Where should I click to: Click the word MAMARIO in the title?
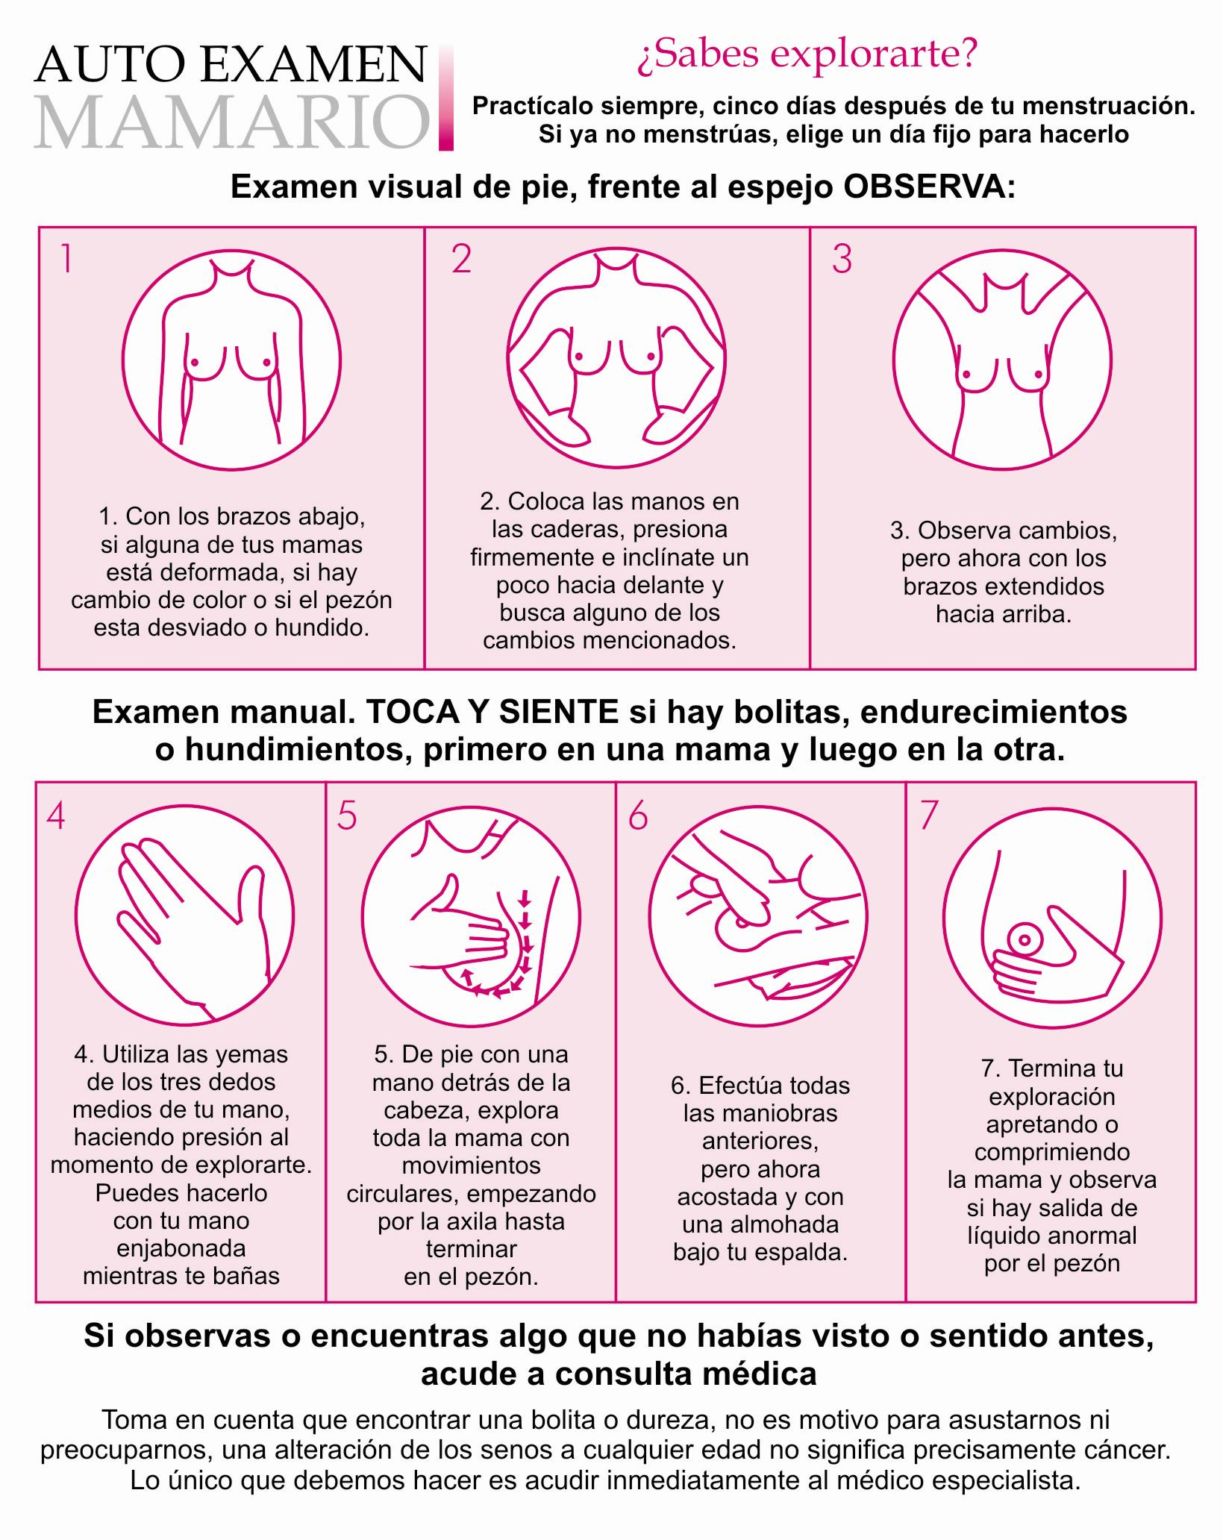coord(231,120)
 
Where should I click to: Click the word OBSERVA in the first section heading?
coord(929,187)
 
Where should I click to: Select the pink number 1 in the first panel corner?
coord(66,259)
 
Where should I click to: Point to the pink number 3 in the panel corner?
coord(842,259)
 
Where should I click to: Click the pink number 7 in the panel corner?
coord(928,816)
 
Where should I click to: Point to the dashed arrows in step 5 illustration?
coord(517,948)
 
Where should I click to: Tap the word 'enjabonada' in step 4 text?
coord(181,1248)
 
